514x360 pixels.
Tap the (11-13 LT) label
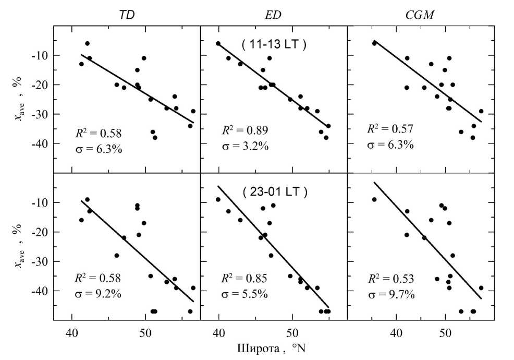[x=274, y=44]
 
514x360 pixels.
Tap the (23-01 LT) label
[x=275, y=191]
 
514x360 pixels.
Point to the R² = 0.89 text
[x=244, y=130]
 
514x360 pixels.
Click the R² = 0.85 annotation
[x=244, y=279]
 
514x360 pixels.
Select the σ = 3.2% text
[x=246, y=146]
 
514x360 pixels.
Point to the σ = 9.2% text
[x=99, y=294]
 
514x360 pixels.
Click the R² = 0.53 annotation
[x=391, y=279]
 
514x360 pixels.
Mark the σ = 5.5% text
[x=246, y=294]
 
